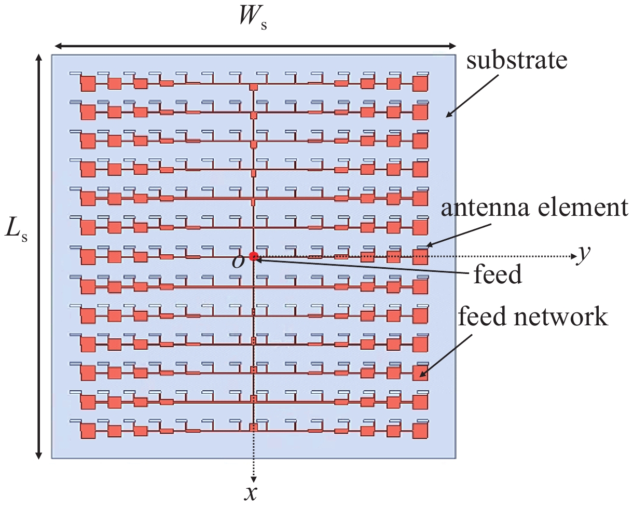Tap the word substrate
(x=517, y=61)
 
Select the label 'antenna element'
(x=534, y=208)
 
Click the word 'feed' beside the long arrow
(x=498, y=273)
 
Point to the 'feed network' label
(x=533, y=317)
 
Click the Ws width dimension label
(x=253, y=21)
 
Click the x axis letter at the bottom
(x=251, y=493)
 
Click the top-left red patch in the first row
(x=88, y=83)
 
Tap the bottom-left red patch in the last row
(x=88, y=431)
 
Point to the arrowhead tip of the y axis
(x=576, y=256)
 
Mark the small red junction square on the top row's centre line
(x=253, y=87)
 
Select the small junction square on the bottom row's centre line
(x=253, y=428)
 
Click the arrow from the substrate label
(x=472, y=95)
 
